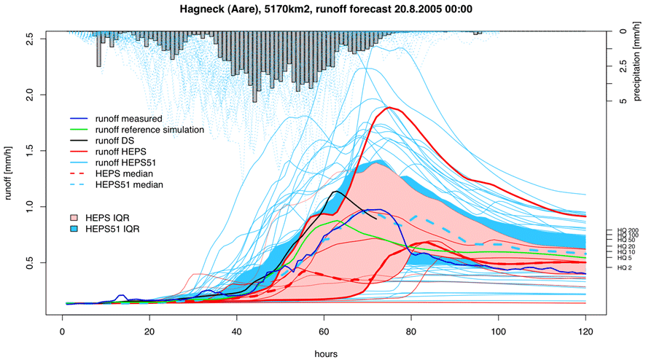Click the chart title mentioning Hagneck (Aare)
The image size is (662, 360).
tap(330, 9)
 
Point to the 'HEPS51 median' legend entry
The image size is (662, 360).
tap(131, 186)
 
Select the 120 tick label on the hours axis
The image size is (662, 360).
tap(585, 329)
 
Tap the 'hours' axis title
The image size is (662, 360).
tap(324, 352)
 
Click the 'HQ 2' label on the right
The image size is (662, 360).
tap(625, 267)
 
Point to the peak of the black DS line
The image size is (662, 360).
tap(335, 192)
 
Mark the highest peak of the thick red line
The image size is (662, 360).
tap(390, 107)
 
